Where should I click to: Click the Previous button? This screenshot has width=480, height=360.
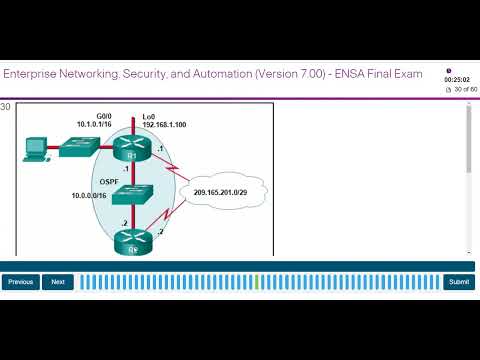[x=21, y=282]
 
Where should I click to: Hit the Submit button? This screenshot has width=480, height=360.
[x=459, y=282]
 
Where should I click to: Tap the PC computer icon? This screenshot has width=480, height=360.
[x=35, y=149]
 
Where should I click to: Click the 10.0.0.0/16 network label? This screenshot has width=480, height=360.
[x=91, y=195]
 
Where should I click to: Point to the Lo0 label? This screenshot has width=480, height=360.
[x=150, y=115]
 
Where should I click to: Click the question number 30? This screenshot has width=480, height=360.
[x=6, y=106]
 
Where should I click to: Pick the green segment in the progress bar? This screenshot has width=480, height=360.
[x=257, y=282]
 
